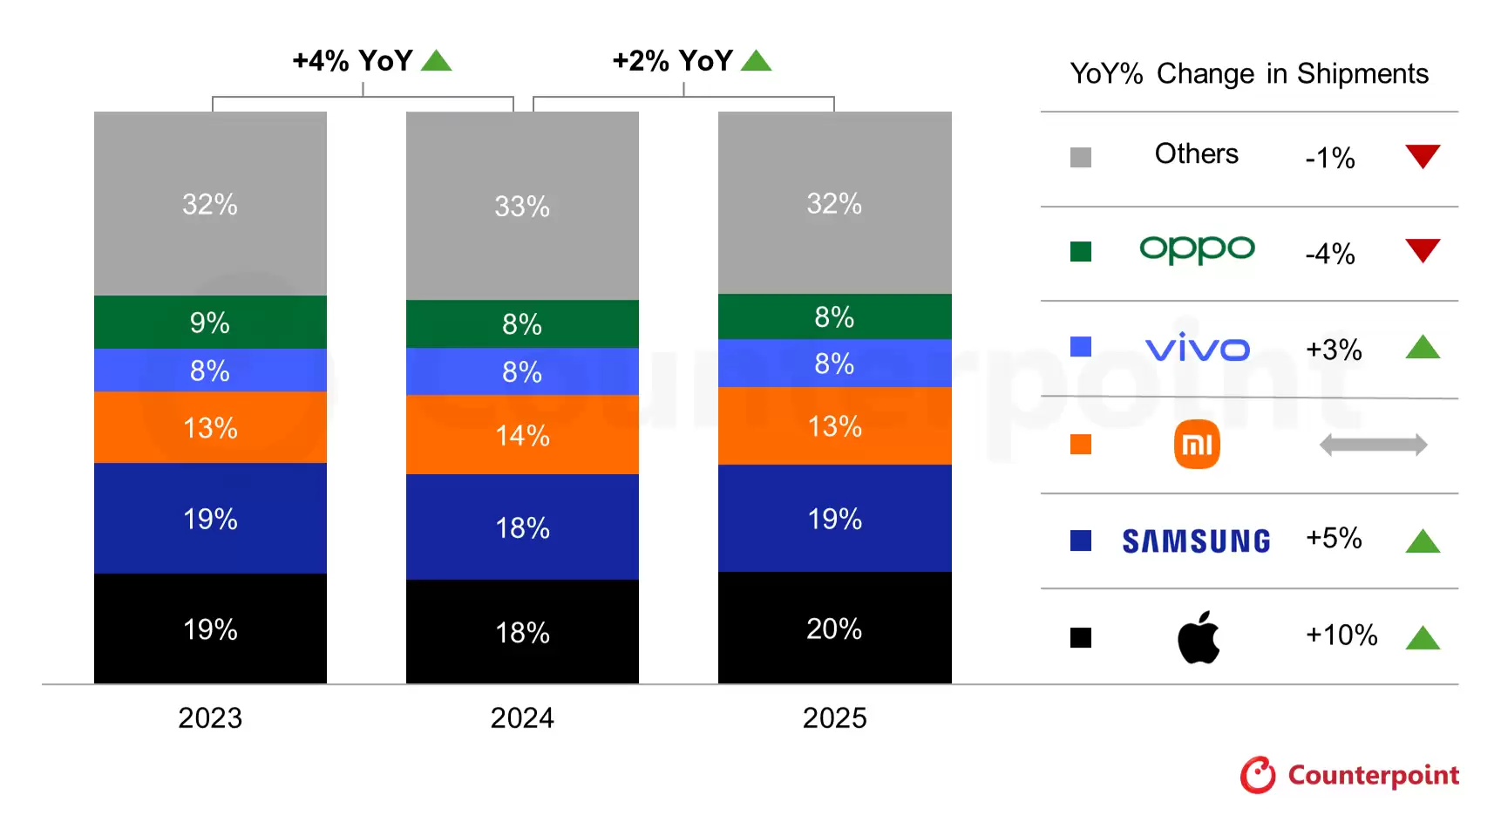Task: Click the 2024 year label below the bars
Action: click(x=522, y=717)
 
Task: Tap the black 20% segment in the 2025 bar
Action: click(x=834, y=628)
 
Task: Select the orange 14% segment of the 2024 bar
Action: click(x=522, y=434)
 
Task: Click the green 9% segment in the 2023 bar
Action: click(x=210, y=322)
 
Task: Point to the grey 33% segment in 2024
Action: click(x=522, y=206)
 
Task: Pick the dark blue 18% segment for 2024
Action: click(x=522, y=527)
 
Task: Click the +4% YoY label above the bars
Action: click(x=352, y=61)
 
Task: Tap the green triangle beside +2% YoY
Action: click(x=756, y=61)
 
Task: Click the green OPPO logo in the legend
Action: click(x=1197, y=249)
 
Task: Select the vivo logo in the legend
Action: click(x=1197, y=348)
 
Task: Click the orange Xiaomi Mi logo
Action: click(x=1197, y=445)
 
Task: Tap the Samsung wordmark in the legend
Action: click(x=1196, y=541)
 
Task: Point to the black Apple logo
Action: click(x=1198, y=637)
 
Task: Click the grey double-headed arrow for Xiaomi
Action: click(x=1373, y=445)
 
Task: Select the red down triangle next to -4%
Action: click(x=1423, y=249)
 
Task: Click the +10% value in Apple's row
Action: click(x=1341, y=635)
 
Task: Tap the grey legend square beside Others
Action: click(x=1080, y=158)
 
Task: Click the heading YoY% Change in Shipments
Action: click(x=1248, y=74)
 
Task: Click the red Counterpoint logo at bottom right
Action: click(x=1349, y=774)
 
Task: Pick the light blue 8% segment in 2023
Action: click(x=210, y=370)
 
